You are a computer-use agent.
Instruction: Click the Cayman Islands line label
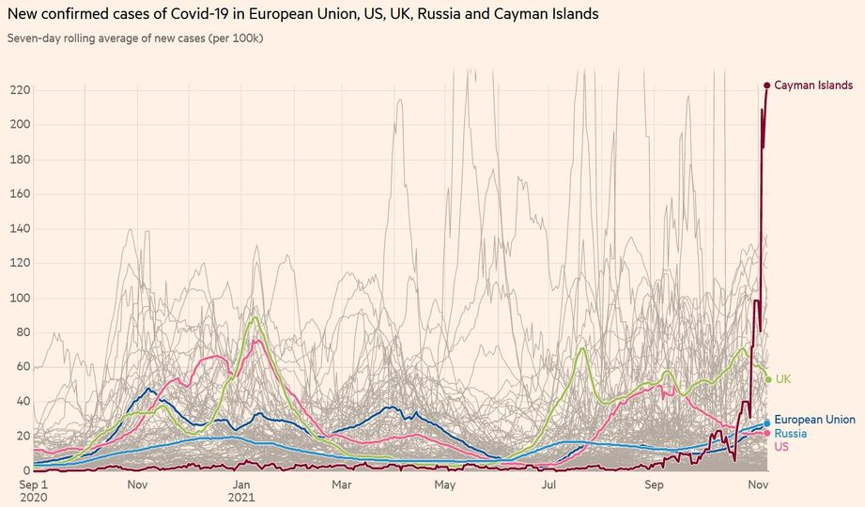click(x=813, y=85)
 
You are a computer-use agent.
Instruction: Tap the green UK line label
click(x=783, y=379)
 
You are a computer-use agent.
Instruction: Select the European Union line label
click(x=814, y=420)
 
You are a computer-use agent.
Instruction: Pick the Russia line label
click(x=790, y=434)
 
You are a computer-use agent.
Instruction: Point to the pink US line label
click(x=781, y=447)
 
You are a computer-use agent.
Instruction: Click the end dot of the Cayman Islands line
click(x=766, y=85)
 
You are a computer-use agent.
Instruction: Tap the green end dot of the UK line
click(x=767, y=379)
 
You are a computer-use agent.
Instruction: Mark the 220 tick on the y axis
click(x=18, y=90)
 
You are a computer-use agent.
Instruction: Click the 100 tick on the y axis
click(x=18, y=298)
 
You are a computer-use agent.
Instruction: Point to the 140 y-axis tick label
click(x=18, y=228)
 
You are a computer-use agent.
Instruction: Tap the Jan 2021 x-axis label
click(x=242, y=490)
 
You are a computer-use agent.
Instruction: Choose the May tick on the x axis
click(x=444, y=485)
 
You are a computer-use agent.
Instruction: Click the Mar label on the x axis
click(x=342, y=485)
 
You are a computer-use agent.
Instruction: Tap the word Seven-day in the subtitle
click(x=35, y=38)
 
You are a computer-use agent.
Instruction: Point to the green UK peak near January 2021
click(x=254, y=317)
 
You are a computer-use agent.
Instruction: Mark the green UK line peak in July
click(x=582, y=348)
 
